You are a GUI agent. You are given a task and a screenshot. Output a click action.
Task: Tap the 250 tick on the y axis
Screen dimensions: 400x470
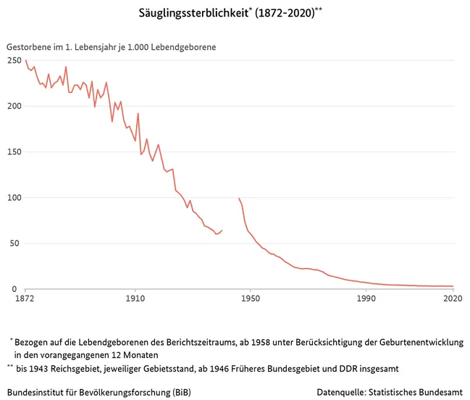pos(14,61)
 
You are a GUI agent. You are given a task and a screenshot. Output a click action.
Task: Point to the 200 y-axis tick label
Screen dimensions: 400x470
pos(14,107)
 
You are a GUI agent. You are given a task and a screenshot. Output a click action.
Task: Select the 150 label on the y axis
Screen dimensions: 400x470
pos(14,152)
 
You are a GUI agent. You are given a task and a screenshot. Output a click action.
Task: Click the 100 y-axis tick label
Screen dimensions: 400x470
pos(14,198)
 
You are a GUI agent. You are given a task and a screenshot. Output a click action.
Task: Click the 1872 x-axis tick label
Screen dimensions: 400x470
pos(25,298)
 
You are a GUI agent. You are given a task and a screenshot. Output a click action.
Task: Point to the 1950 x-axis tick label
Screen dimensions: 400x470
pos(250,298)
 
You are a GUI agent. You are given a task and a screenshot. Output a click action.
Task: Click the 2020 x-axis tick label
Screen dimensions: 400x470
pos(453,298)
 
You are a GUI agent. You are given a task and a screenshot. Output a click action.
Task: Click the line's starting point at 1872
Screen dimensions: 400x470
pos(25,60)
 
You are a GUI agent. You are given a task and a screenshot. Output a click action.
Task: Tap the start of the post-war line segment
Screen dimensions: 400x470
pos(239,198)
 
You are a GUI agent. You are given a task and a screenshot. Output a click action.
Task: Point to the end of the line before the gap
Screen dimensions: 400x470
pos(222,230)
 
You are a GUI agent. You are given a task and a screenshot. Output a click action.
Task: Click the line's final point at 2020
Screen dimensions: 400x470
pos(453,286)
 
